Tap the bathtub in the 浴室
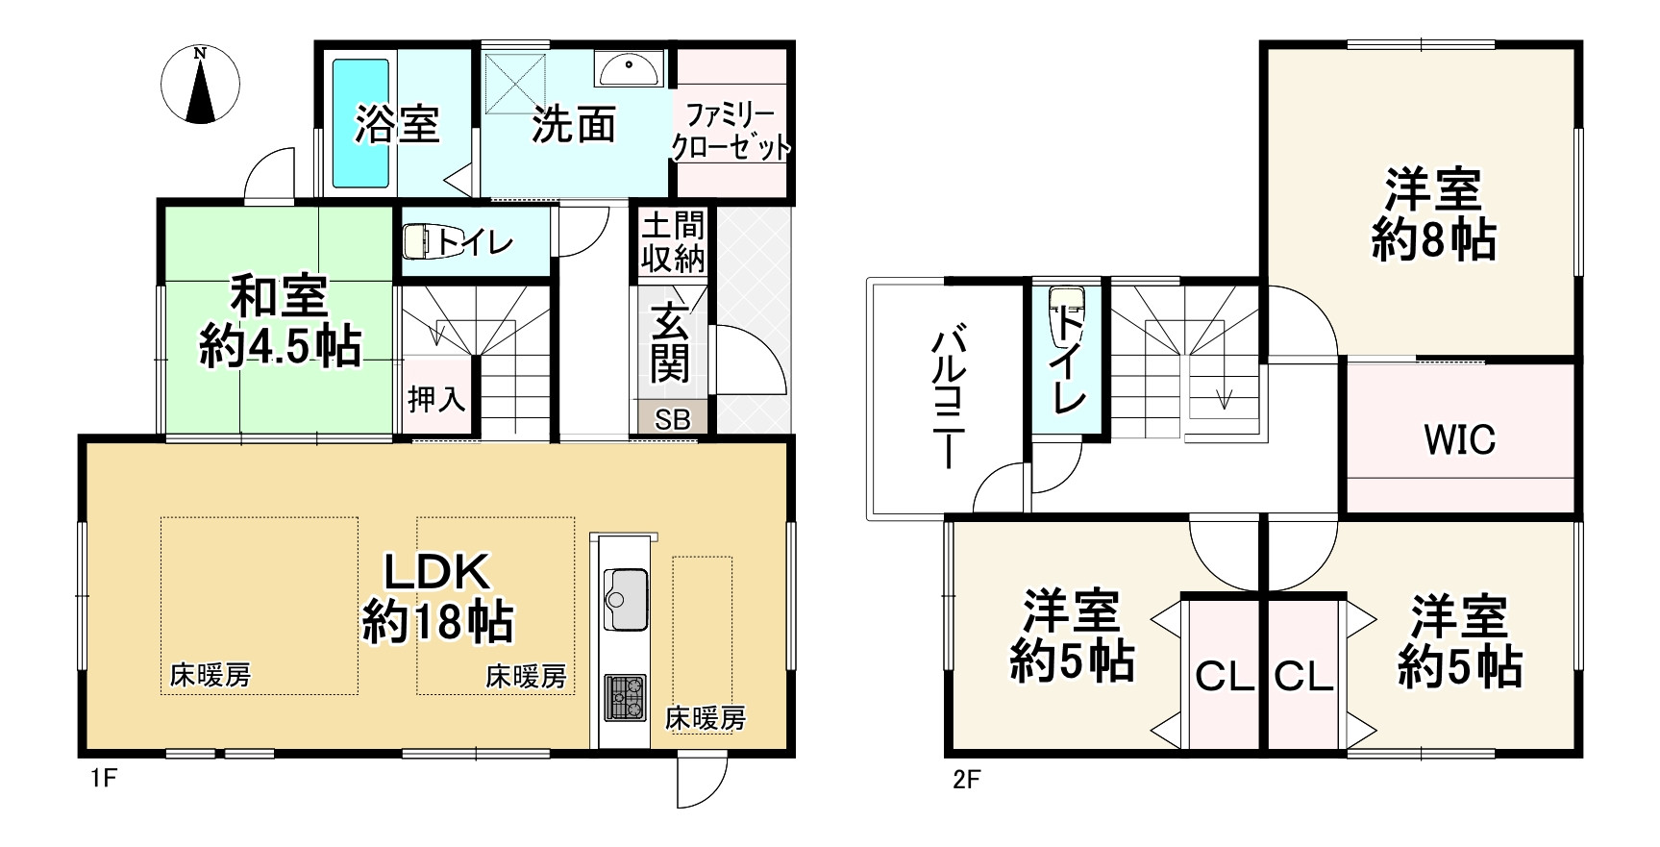tap(360, 123)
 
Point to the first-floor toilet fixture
tap(419, 242)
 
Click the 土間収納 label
tap(673, 242)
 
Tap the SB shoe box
tap(673, 420)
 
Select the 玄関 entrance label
tap(670, 342)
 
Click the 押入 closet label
tap(436, 398)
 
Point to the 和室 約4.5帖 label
tap(280, 321)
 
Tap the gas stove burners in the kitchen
tap(625, 698)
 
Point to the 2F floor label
tap(966, 778)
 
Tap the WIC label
tap(1459, 439)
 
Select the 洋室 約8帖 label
tap(1433, 215)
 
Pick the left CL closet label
tap(1224, 677)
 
